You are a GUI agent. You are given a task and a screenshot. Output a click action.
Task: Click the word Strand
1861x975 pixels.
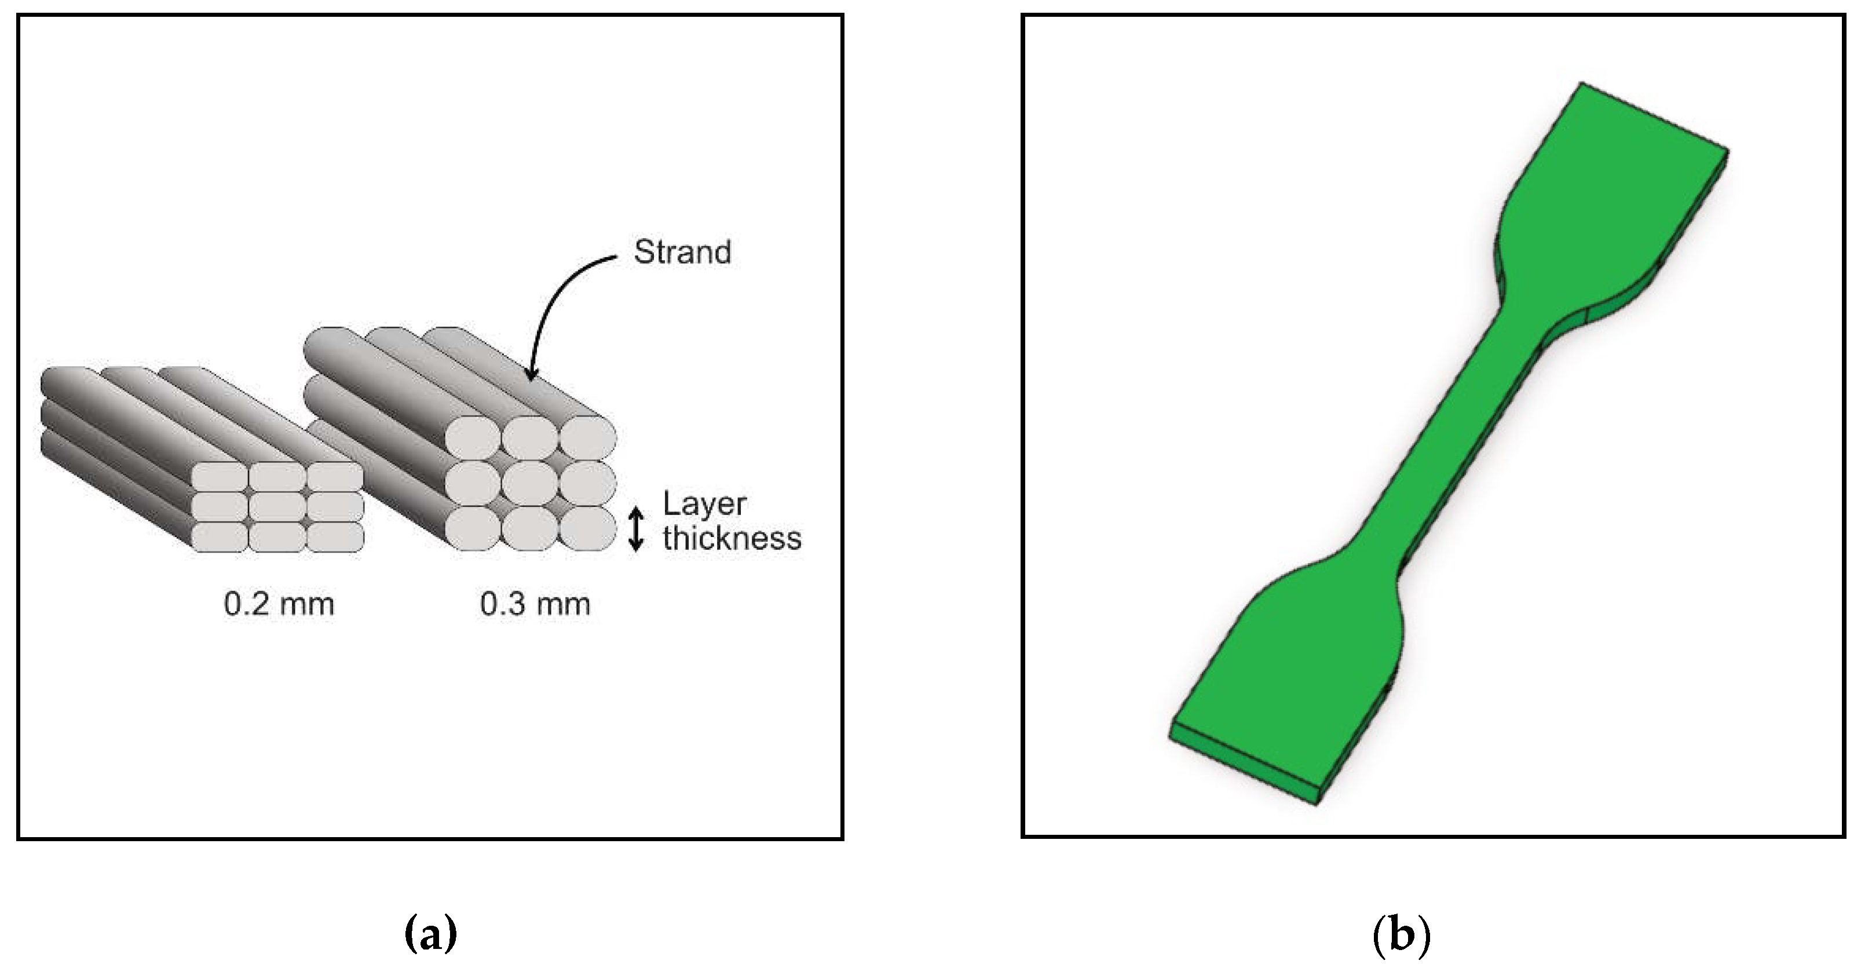tap(682, 252)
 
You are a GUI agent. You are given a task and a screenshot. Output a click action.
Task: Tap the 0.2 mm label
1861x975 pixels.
tap(279, 604)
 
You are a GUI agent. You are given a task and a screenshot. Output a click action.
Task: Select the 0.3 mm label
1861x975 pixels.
tap(535, 604)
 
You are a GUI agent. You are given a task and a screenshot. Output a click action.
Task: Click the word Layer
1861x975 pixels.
tap(704, 505)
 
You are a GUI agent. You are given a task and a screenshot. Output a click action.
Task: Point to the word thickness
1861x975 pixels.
tap(732, 538)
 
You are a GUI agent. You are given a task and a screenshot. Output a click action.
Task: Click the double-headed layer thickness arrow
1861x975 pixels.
tap(636, 529)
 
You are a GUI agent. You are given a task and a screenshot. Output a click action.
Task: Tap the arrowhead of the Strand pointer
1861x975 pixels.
tap(532, 374)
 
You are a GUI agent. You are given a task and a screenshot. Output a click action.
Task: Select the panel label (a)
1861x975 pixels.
tap(430, 934)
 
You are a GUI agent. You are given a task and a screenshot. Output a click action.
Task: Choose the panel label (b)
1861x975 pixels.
tap(1401, 934)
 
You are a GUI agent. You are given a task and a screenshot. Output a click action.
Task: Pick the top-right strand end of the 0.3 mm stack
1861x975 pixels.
tap(587, 438)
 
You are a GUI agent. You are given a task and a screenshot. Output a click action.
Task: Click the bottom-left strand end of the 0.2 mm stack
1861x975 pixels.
tap(220, 537)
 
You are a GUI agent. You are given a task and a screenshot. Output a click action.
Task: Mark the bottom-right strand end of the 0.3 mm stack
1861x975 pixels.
tap(587, 528)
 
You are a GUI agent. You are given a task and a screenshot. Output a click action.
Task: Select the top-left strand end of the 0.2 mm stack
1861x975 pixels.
tap(220, 477)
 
